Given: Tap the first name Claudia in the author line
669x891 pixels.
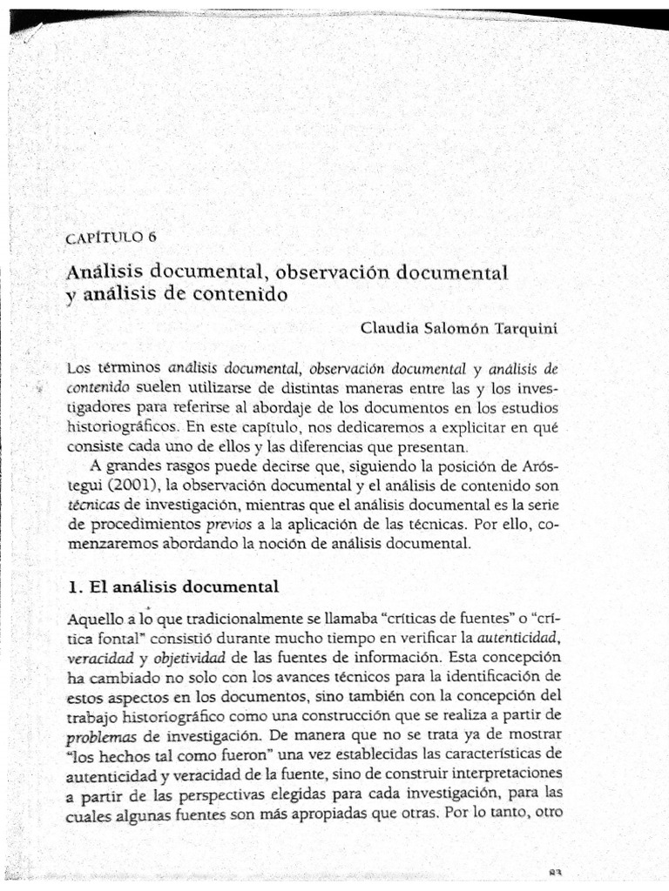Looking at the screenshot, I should click(x=388, y=327).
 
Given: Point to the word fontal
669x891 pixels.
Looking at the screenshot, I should click(x=122, y=638).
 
